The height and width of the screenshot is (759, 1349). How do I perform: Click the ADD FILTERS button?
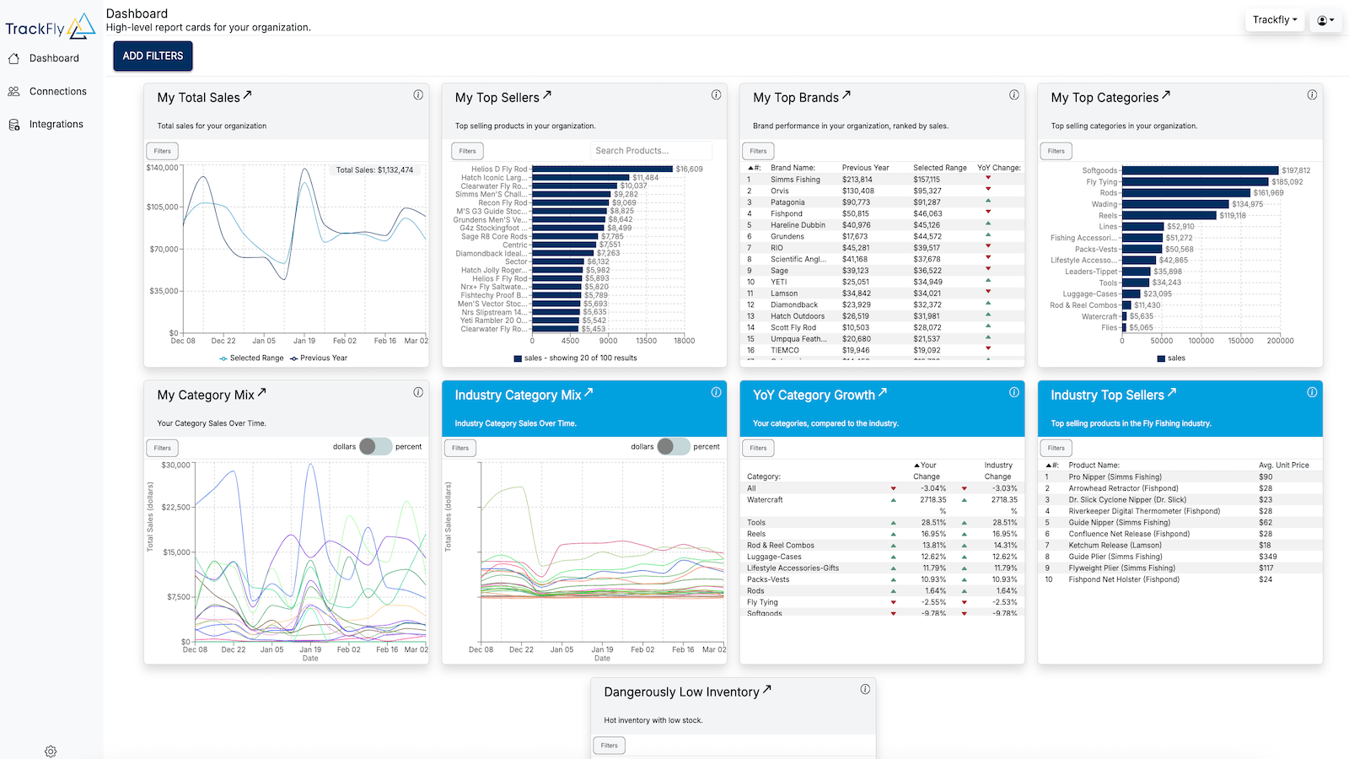153,56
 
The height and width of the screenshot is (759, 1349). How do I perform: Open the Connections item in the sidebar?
57,91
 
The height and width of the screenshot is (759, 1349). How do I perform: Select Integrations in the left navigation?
56,124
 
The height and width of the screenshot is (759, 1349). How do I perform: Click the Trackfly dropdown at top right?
1274,20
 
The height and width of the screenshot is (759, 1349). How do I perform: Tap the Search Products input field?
650,151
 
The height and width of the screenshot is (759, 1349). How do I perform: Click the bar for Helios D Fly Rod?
602,170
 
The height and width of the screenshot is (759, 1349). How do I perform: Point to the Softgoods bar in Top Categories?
1200,170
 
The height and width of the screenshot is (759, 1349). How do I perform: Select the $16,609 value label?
689,170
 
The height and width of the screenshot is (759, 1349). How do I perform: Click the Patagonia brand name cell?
787,202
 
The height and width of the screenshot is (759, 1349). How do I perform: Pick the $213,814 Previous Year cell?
857,180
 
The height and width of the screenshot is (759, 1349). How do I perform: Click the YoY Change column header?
998,168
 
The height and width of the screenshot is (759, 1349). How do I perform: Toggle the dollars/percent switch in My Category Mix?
375,447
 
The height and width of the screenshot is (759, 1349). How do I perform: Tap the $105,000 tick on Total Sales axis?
163,207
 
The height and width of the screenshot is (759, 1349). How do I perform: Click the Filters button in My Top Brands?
758,151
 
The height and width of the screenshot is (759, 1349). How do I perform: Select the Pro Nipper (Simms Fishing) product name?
1115,477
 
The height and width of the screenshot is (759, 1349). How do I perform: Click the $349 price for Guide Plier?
1267,557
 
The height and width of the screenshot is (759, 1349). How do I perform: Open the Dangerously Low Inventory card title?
681,692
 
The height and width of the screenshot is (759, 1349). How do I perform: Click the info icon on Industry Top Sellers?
1312,392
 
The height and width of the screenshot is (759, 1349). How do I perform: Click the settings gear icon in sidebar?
51,751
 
